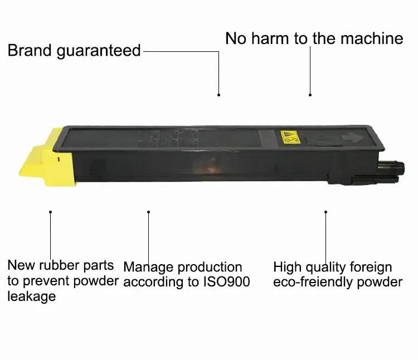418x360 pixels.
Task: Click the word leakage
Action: click(x=31, y=296)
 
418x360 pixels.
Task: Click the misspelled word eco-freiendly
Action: click(x=318, y=282)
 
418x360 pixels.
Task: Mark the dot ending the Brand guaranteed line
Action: click(x=219, y=95)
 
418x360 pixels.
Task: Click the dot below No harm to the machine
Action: click(x=310, y=95)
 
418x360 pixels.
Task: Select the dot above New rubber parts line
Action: click(x=51, y=212)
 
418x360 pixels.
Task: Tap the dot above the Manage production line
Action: click(x=148, y=212)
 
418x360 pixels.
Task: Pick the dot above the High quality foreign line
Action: click(x=325, y=212)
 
